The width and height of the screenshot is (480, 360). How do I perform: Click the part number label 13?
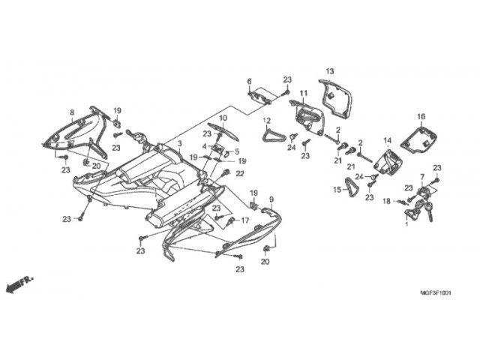(330, 70)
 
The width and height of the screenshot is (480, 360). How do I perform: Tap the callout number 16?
(421, 116)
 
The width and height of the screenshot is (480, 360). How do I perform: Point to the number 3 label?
(179, 142)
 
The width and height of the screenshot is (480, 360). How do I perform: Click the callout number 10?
(223, 118)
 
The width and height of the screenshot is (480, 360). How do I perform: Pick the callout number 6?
(249, 81)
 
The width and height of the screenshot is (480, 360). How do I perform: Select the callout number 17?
(244, 220)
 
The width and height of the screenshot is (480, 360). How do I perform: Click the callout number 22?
(240, 174)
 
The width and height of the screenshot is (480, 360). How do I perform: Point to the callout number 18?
(386, 201)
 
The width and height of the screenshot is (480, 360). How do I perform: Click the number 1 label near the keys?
(406, 223)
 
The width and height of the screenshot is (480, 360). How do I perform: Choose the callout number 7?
(422, 176)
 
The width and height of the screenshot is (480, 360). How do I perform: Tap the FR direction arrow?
(16, 284)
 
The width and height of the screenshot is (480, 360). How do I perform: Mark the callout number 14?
(388, 140)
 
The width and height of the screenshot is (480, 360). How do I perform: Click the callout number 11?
(304, 93)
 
